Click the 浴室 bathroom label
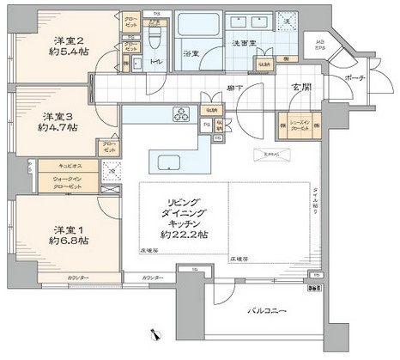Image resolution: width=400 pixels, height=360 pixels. [191, 53]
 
